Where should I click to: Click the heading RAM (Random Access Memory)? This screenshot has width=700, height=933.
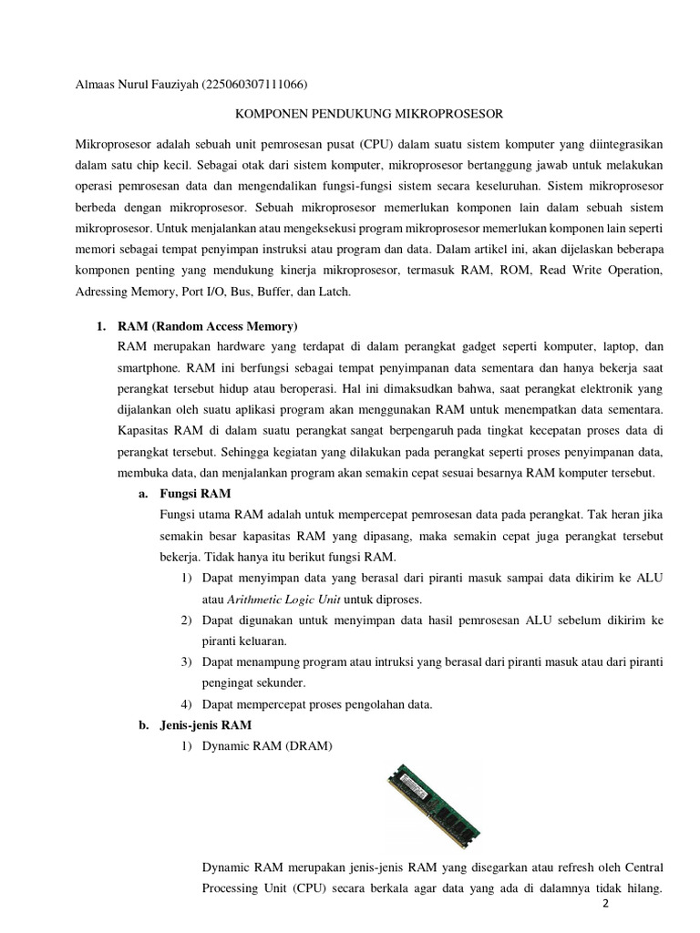tap(208, 326)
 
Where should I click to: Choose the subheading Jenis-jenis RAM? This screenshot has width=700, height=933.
tap(205, 724)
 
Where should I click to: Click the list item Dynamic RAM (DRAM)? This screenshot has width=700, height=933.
tap(268, 748)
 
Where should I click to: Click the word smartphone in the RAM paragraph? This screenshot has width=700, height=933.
tap(150, 369)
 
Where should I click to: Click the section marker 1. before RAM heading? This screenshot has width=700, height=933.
tap(102, 326)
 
